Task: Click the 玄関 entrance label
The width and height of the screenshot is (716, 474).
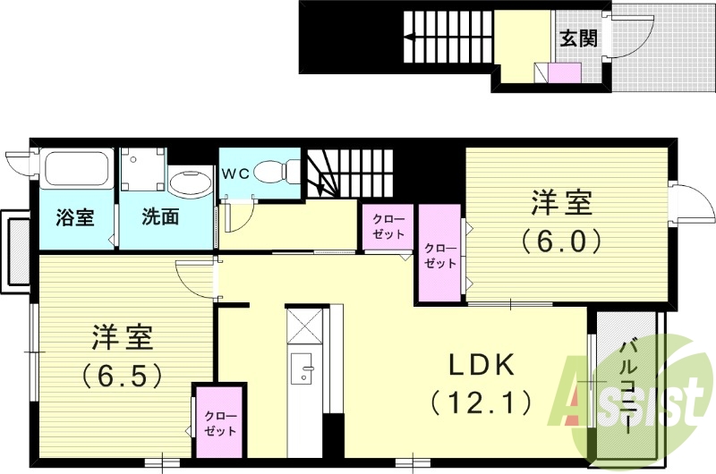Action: click(x=579, y=38)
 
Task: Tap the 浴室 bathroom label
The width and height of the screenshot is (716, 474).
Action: click(x=75, y=216)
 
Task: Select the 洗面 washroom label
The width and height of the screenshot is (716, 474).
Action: click(x=161, y=216)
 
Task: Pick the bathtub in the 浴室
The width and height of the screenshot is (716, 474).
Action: click(x=77, y=170)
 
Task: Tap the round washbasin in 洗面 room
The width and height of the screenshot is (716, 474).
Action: click(x=188, y=184)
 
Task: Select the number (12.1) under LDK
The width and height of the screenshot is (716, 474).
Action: click(x=481, y=402)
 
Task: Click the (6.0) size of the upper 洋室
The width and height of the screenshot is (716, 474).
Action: click(x=563, y=240)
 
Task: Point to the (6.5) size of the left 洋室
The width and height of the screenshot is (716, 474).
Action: click(x=123, y=374)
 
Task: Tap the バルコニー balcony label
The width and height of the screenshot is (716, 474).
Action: click(x=627, y=385)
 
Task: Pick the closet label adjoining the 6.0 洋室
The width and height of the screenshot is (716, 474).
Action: click(x=439, y=256)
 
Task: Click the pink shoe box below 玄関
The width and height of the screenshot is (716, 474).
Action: click(x=565, y=73)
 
